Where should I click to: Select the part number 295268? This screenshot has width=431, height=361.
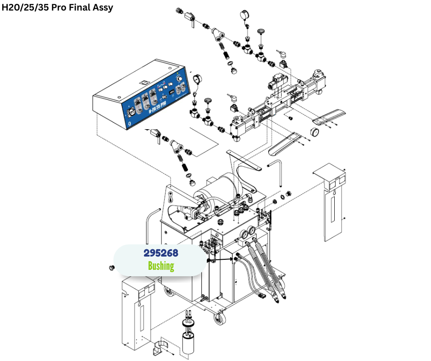(x=160, y=253)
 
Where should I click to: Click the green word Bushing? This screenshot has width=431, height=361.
(x=160, y=266)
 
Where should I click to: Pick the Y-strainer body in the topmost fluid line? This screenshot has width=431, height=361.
(x=217, y=35)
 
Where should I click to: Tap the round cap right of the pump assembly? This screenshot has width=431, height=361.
(x=315, y=132)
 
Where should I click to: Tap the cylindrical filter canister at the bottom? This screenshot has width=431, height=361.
(x=188, y=344)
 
